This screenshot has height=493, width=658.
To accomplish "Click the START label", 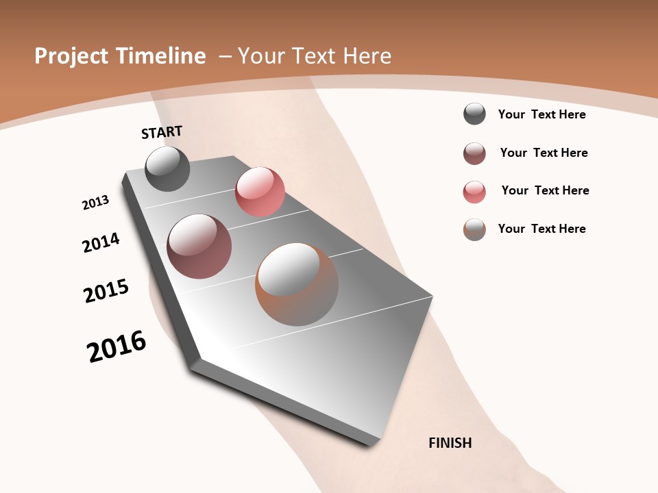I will tap(162, 132).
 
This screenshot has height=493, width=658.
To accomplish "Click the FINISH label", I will tap(450, 443).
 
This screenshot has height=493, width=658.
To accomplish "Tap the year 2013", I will tap(95, 203).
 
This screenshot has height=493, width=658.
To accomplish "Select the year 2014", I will tap(101, 243).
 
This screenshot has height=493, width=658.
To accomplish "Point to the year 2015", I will tap(106, 291).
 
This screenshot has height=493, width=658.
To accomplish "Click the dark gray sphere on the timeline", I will tap(167, 168).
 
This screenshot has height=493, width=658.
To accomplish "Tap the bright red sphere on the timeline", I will tap(260, 191).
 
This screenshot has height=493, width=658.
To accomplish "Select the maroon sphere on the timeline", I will tap(199, 246).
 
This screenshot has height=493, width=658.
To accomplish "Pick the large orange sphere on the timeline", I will tap(296, 284).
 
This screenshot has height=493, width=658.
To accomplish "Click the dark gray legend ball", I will tap(474, 114).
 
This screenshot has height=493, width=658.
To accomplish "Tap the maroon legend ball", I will tap(474, 153).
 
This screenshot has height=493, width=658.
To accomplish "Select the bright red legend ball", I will tap(474, 192).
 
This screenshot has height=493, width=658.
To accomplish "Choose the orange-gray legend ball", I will tap(474, 229).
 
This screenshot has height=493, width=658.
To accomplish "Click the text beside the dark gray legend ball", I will tap(541, 114).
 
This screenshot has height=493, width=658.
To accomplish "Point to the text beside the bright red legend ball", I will tap(545, 190).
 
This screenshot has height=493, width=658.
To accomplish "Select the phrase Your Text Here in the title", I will tap(315, 56).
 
